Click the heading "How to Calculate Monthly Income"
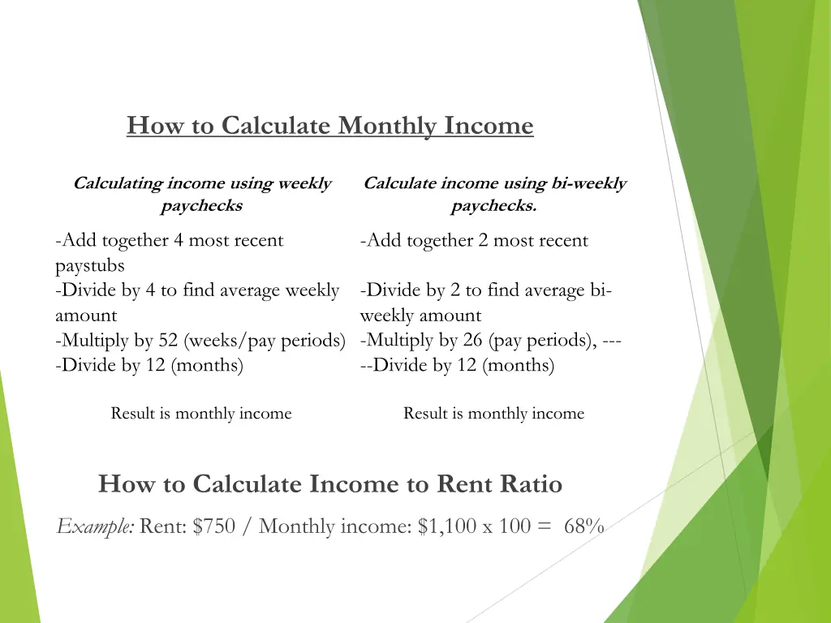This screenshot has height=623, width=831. [x=330, y=127]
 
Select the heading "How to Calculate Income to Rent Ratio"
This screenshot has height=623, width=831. [x=330, y=484]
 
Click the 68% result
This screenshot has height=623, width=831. [x=584, y=526]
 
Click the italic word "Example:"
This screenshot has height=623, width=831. [x=96, y=527]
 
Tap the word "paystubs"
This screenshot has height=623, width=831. [x=90, y=265]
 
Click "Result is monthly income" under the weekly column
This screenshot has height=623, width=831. [x=201, y=414]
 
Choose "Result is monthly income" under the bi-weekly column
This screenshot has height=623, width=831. [x=493, y=414]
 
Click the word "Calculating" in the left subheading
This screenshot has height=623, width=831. [x=118, y=183]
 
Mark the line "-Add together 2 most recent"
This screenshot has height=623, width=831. [x=474, y=240]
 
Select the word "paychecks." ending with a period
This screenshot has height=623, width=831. [x=493, y=206]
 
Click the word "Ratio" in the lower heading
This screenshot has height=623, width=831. [x=528, y=484]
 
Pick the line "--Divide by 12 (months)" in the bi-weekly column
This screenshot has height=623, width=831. [x=457, y=366]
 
